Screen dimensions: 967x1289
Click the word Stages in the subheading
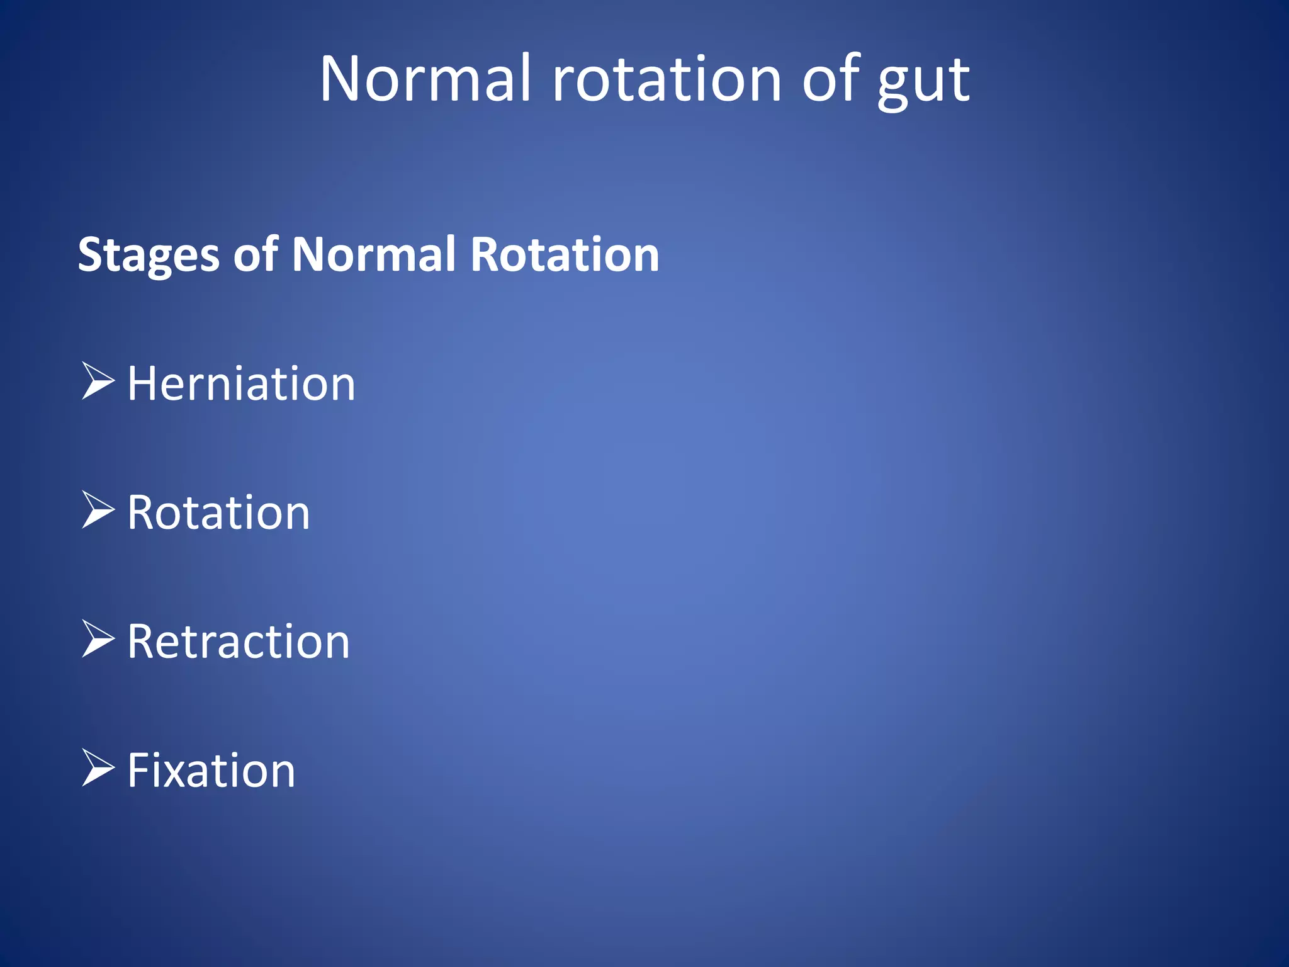[149, 255]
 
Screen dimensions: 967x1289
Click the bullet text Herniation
[241, 383]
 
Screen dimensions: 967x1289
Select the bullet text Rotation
[218, 512]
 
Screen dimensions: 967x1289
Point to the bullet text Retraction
[239, 642]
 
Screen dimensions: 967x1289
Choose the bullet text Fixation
[211, 771]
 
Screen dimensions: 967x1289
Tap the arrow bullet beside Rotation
[98, 509]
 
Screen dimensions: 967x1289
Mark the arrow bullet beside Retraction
[98, 638]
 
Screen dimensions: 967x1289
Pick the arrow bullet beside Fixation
[98, 767]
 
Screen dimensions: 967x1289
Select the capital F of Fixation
[140, 771]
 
